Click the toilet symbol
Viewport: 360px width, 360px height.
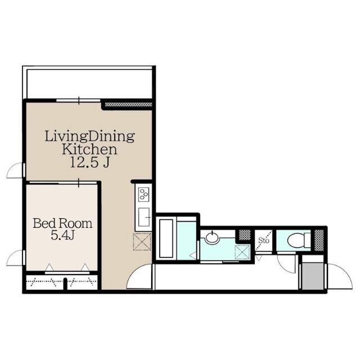(x=299, y=240)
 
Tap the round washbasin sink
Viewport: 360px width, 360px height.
(x=212, y=237)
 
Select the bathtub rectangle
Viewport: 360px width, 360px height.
(x=166, y=238)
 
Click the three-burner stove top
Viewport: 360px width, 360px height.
(x=144, y=195)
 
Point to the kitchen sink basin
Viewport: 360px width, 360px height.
(x=144, y=217)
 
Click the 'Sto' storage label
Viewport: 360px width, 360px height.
(x=264, y=240)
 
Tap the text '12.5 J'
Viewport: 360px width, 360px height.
(x=89, y=163)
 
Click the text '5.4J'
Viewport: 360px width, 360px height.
(x=62, y=235)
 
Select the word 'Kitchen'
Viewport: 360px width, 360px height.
(x=89, y=149)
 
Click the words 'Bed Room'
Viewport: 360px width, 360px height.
(x=62, y=223)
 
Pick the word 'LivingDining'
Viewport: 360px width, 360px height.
(x=89, y=136)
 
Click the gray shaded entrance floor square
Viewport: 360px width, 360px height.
(x=313, y=276)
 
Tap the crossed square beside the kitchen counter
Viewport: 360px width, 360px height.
(x=142, y=241)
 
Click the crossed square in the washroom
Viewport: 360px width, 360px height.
(x=242, y=252)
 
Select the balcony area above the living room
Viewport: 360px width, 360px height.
(x=89, y=84)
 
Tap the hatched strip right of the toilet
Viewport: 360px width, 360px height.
(x=319, y=240)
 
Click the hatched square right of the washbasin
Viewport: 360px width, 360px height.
(x=245, y=235)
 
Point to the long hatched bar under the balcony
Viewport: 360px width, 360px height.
(x=128, y=105)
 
